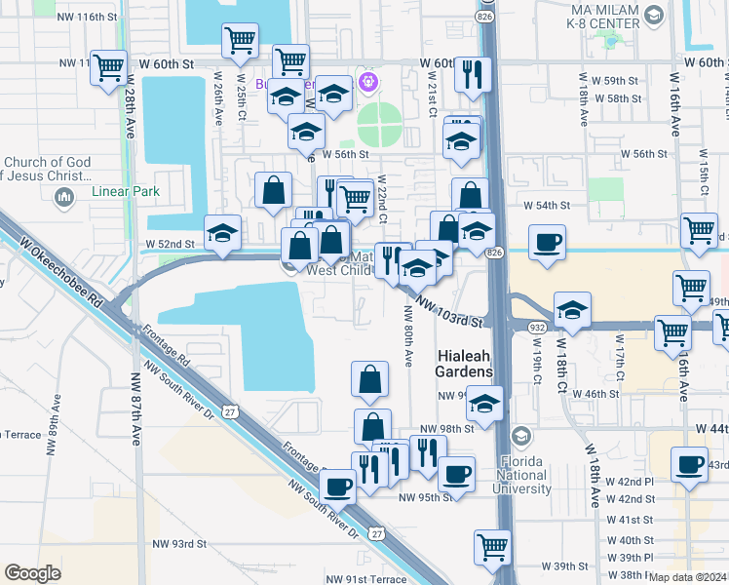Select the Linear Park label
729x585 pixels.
(125, 192)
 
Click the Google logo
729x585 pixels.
(32, 573)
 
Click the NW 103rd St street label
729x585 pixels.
(451, 312)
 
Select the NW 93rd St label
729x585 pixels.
(179, 543)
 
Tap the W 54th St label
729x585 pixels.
(546, 206)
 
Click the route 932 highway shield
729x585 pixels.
(538, 329)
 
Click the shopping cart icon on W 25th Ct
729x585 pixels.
(239, 42)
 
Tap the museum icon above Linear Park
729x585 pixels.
(65, 198)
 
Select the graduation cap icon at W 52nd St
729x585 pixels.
(223, 236)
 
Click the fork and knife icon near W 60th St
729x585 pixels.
(473, 75)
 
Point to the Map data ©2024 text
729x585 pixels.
(688, 577)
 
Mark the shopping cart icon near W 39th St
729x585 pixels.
(493, 547)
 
